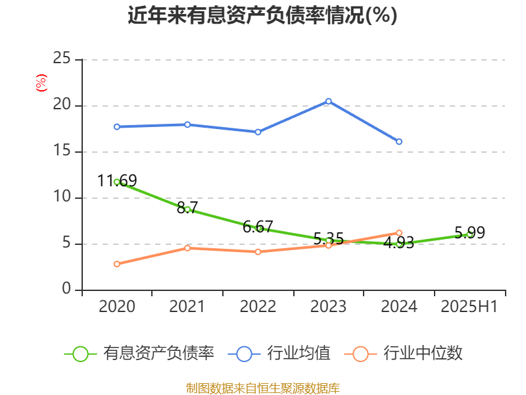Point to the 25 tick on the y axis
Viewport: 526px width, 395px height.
pos(62,59)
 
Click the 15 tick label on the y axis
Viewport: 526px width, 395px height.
pos(62,151)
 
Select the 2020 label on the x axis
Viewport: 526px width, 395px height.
pos(116,307)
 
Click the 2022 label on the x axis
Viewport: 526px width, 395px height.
pos(258,307)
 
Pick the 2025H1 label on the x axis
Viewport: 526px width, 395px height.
pos(469,307)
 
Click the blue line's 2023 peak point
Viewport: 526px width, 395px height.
pos(329,101)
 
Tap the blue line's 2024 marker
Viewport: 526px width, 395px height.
pos(399,142)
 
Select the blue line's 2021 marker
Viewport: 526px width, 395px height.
pos(187,124)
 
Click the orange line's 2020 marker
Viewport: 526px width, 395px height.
pos(117,264)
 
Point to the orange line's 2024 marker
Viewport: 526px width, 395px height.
pos(399,232)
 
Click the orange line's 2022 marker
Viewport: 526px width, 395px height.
pos(258,252)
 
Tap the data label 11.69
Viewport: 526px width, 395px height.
pos(117,180)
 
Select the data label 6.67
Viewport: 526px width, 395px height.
pos(258,227)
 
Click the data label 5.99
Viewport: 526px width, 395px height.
pos(469,233)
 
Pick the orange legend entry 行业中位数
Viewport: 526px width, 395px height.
pos(408,354)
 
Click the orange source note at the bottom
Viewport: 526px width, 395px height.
pos(263,388)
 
